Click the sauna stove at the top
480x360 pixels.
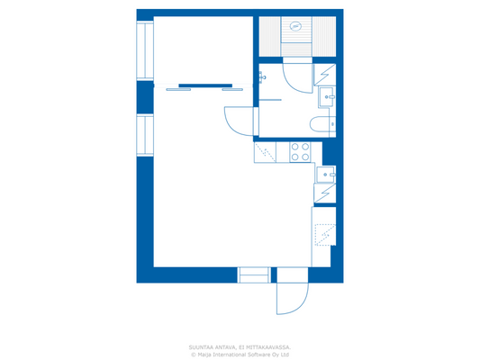295,26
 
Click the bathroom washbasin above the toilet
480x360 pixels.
328,95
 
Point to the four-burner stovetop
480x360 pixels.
299,152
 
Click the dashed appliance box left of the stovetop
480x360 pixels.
267,152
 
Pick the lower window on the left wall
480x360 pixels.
145,134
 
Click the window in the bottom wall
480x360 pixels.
253,274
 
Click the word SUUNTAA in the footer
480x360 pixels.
199,346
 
